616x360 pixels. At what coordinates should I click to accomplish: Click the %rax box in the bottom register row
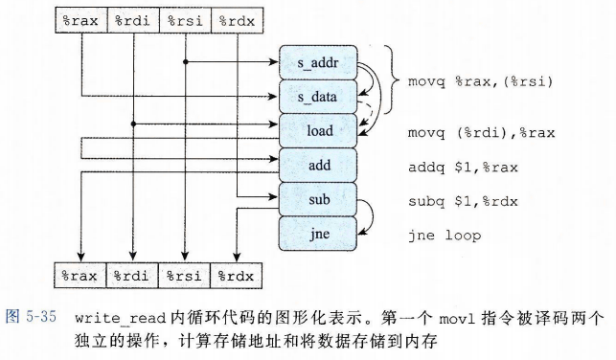80,275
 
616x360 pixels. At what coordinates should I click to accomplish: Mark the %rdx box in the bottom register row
235,275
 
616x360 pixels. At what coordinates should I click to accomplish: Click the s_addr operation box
318,62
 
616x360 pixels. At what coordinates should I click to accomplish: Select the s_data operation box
318,96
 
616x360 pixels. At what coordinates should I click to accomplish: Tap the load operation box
318,130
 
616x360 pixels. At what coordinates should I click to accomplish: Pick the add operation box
318,165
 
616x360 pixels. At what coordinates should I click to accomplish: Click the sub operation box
318,199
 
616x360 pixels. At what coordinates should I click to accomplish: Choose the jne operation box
318,233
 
